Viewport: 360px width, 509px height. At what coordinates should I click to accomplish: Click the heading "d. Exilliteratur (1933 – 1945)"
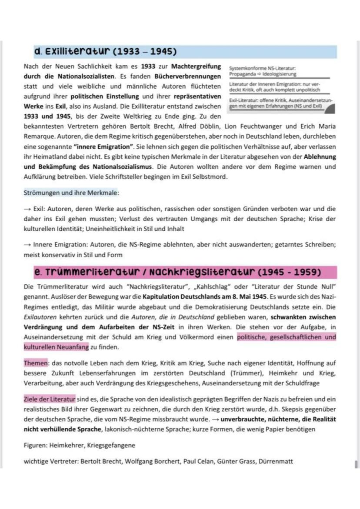(x=105, y=52)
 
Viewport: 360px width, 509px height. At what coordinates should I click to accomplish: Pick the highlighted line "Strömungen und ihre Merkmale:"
(x=71, y=192)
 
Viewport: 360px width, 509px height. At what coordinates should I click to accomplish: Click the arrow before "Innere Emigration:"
(x=27, y=245)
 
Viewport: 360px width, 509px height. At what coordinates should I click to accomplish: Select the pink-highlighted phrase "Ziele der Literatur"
(x=50, y=399)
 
